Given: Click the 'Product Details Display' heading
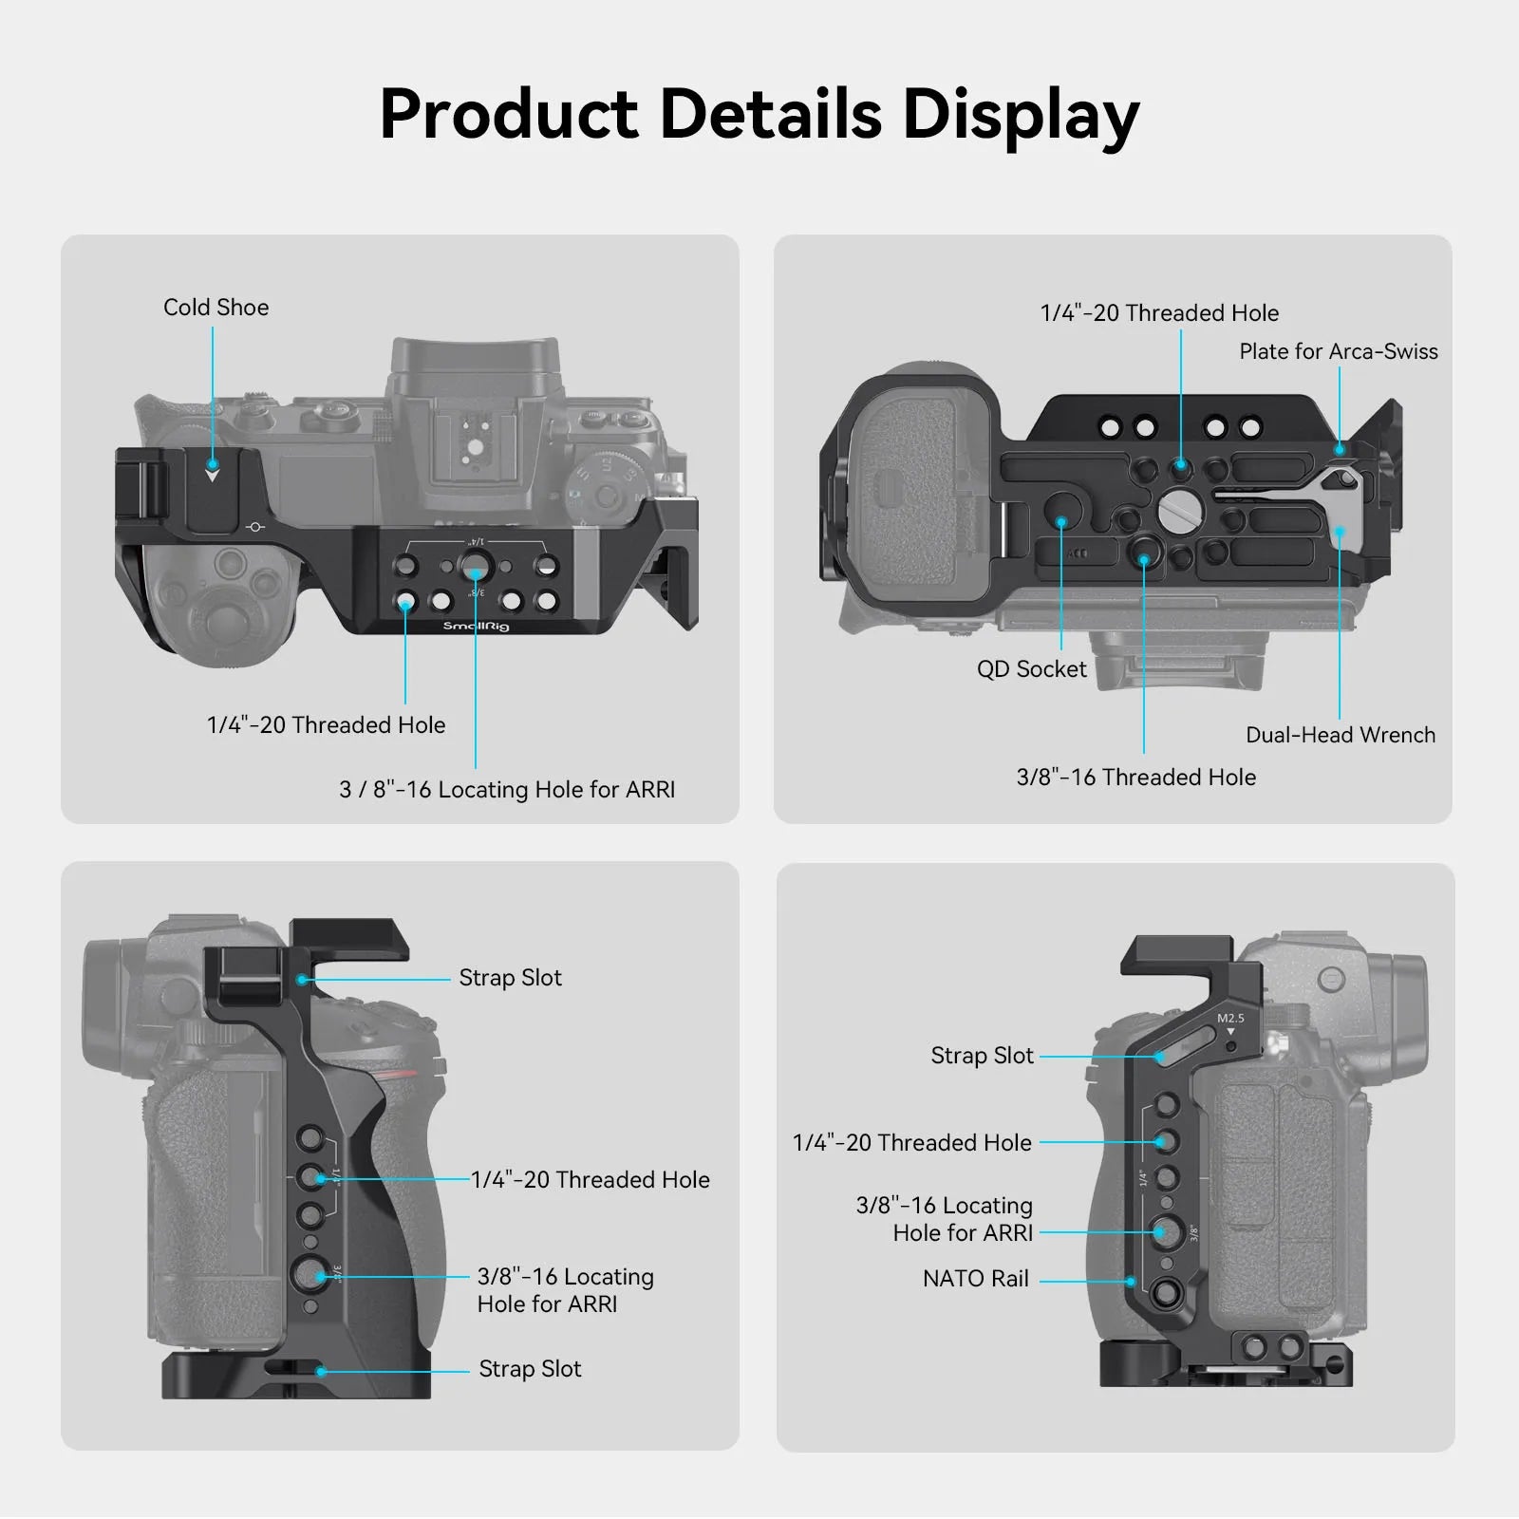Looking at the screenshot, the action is [x=759, y=115].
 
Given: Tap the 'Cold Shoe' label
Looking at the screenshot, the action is [x=216, y=308].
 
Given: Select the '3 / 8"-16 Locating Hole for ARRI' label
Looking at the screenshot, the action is [x=507, y=790].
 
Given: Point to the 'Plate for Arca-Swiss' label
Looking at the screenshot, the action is [x=1339, y=351].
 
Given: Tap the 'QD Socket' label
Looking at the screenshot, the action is [x=1031, y=669].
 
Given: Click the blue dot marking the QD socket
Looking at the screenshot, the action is [x=1061, y=520].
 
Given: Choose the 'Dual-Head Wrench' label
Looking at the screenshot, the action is [x=1341, y=735].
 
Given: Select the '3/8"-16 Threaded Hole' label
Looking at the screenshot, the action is [x=1135, y=778].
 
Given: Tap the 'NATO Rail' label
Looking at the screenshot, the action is [x=975, y=1279].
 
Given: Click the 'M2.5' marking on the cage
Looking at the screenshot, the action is [x=1230, y=1018].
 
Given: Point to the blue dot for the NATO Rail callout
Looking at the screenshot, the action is [x=1131, y=1281].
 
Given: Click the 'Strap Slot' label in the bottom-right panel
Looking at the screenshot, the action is [x=982, y=1056].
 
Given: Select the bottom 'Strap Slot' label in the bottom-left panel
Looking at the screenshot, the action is [x=530, y=1369].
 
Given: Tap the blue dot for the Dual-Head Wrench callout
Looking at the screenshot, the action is [x=1340, y=532].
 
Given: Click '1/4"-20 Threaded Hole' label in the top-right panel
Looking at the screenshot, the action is [x=1159, y=313].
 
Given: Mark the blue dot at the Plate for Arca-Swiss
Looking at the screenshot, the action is [x=1340, y=449].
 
